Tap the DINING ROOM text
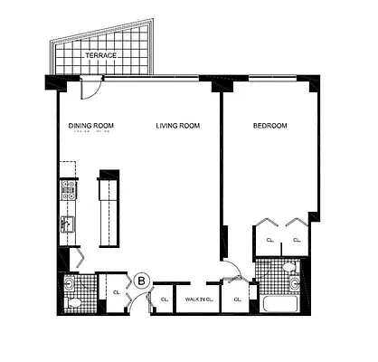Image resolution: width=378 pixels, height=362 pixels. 90,126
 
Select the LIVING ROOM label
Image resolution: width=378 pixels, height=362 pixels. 177,126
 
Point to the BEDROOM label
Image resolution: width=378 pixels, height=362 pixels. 269,126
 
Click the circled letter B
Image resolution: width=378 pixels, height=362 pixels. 141,281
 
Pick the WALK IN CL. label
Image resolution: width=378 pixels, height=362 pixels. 198,299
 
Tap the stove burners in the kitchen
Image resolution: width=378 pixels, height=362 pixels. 68,189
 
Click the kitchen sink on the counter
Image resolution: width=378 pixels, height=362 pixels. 67,222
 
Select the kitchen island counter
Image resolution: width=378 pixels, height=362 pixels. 109,206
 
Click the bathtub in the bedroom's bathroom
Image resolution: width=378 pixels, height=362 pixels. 280,303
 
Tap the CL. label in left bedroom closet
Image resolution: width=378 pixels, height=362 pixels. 269,241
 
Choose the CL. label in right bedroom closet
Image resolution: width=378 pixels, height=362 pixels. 297,241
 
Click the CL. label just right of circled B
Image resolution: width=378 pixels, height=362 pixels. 164,299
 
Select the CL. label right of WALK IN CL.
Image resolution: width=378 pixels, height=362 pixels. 236,299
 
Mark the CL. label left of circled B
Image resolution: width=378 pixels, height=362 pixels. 117,292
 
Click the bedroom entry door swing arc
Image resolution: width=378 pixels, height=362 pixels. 233,268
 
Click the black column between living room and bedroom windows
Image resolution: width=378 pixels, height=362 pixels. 218,85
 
